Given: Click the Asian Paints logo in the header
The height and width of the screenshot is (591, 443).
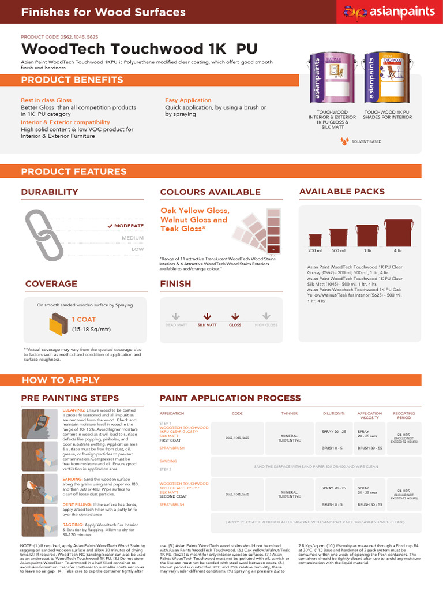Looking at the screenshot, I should click(x=387, y=11).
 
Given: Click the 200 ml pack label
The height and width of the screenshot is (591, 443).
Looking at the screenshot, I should click(x=315, y=251).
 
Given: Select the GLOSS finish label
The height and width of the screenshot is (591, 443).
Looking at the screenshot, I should click(x=235, y=325).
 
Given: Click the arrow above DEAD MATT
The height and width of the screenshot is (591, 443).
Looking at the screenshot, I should click(x=176, y=316).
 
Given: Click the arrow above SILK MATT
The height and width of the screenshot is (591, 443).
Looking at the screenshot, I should click(x=207, y=316).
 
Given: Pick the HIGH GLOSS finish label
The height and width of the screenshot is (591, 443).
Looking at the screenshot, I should click(x=266, y=325).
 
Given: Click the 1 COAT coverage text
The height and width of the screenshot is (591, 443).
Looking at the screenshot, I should click(x=84, y=319).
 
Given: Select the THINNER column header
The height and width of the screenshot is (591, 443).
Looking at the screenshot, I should click(x=289, y=413).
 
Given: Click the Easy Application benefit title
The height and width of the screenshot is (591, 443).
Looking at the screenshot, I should click(x=188, y=100).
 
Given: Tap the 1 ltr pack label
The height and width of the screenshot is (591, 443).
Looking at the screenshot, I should click(x=367, y=251).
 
